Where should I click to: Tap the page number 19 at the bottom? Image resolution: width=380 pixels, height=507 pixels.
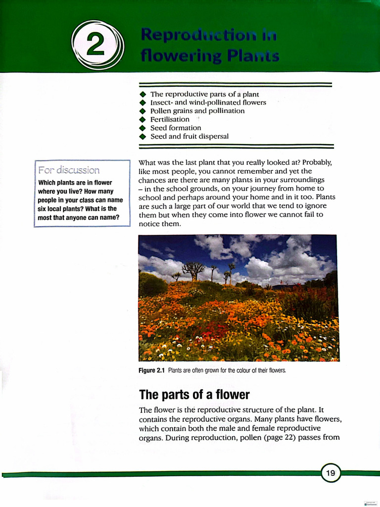(x=331, y=473)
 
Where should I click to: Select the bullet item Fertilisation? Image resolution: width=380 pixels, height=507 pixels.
(x=170, y=119)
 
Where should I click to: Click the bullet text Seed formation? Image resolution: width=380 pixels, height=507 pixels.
(x=176, y=128)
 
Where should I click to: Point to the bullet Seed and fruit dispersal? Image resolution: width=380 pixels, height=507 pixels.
(x=189, y=136)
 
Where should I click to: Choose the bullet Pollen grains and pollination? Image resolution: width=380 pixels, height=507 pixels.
(x=197, y=111)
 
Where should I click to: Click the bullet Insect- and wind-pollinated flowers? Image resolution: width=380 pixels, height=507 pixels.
(x=208, y=102)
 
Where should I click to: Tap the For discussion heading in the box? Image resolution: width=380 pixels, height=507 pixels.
(x=69, y=170)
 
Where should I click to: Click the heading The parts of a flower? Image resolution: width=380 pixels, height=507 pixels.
(x=194, y=395)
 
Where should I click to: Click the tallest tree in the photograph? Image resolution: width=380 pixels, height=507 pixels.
(x=192, y=270)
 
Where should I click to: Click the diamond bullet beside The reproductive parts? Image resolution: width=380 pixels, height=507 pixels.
(x=143, y=94)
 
